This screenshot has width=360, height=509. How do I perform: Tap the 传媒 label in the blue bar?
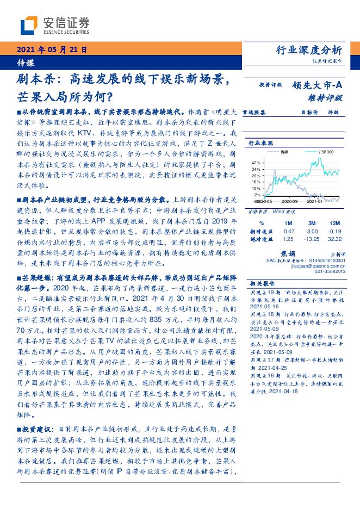25,61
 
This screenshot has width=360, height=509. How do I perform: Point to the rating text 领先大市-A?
317,85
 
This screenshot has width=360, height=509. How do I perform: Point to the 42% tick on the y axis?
256,163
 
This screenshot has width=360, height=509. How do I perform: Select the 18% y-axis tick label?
256,181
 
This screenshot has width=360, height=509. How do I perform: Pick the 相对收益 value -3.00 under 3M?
312,231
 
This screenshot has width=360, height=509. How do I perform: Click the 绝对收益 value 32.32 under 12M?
335,238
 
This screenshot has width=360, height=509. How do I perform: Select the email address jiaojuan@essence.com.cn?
315,266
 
